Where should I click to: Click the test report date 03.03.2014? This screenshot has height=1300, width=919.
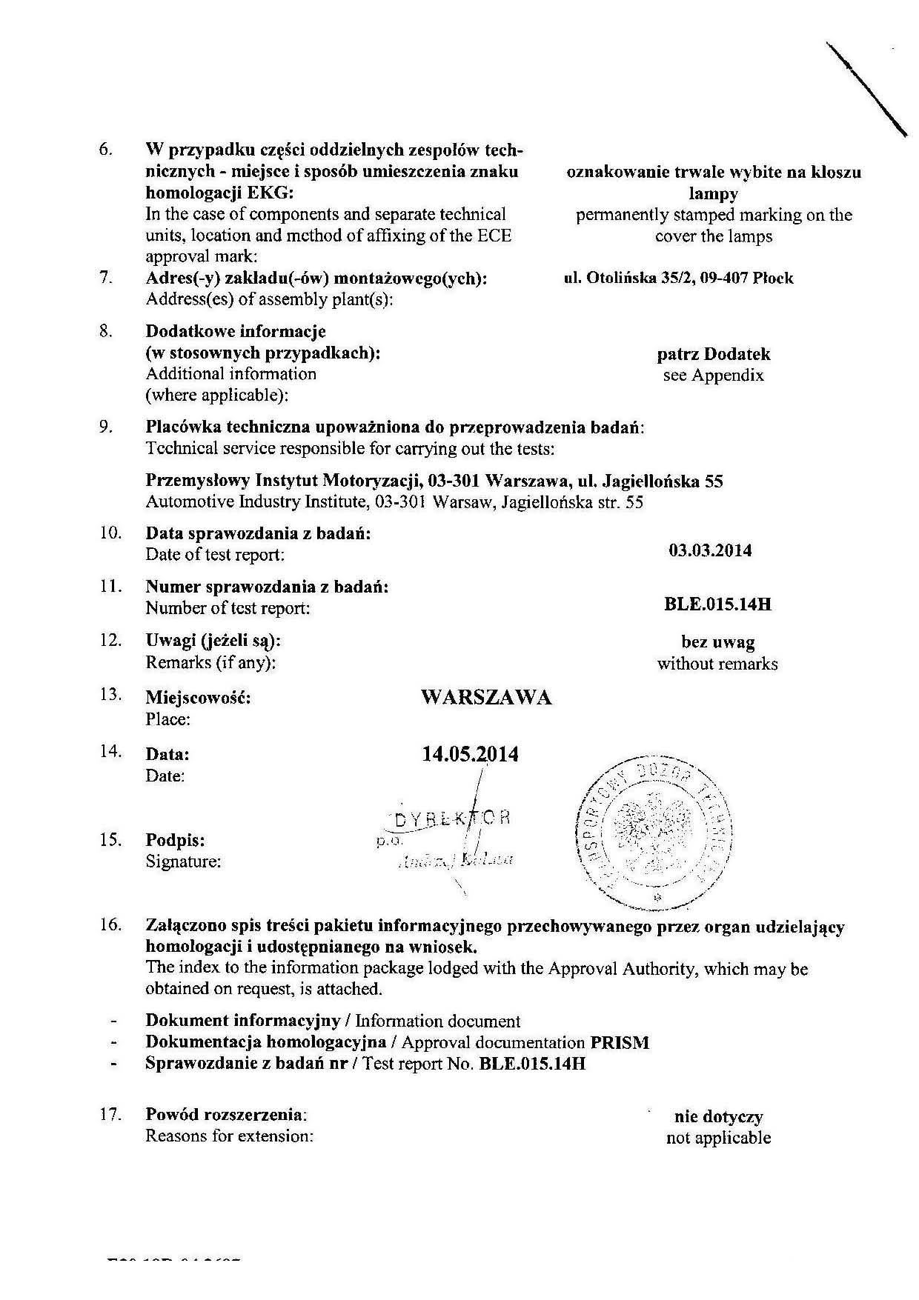click(709, 550)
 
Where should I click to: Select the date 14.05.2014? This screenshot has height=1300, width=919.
click(470, 754)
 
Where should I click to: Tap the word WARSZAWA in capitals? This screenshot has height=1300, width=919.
click(485, 697)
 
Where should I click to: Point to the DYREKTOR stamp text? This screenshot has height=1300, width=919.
click(452, 819)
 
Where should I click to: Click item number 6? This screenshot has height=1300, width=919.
click(105, 150)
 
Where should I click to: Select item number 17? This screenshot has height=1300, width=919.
click(110, 1114)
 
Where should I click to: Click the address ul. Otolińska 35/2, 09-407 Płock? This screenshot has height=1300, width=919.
click(678, 279)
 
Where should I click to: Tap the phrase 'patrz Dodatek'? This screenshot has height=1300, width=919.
click(713, 354)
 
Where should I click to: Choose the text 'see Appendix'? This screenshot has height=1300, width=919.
click(713, 376)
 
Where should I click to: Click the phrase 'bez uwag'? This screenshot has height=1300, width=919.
click(717, 642)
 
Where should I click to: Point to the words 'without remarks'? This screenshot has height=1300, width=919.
click(717, 664)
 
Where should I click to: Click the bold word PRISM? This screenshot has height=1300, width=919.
click(620, 1043)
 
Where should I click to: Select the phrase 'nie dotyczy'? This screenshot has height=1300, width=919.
click(718, 1116)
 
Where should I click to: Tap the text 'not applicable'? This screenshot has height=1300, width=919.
click(718, 1138)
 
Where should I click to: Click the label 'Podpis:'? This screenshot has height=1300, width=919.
click(175, 841)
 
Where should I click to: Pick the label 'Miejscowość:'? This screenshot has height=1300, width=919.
click(198, 698)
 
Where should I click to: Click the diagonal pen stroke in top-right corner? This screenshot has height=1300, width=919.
click(866, 89)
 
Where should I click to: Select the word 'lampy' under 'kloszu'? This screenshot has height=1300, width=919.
click(713, 194)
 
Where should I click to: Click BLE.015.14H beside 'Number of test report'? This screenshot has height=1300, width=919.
click(717, 604)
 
